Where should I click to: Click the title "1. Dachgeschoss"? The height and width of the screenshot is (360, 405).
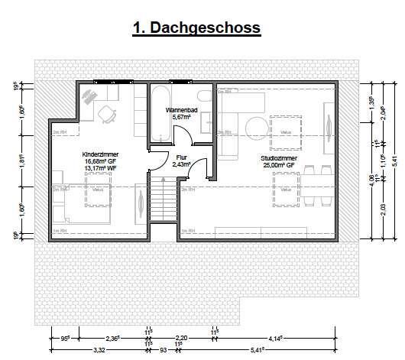click(197, 28)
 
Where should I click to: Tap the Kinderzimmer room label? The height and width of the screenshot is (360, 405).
click(100, 154)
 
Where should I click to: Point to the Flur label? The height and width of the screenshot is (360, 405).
click(181, 157)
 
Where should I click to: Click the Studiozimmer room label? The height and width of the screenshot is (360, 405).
click(274, 156)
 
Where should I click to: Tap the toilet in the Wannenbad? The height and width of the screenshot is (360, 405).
click(203, 97)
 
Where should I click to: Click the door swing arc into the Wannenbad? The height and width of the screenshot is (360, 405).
click(182, 138)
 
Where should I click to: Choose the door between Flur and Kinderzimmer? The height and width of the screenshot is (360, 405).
click(141, 200)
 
